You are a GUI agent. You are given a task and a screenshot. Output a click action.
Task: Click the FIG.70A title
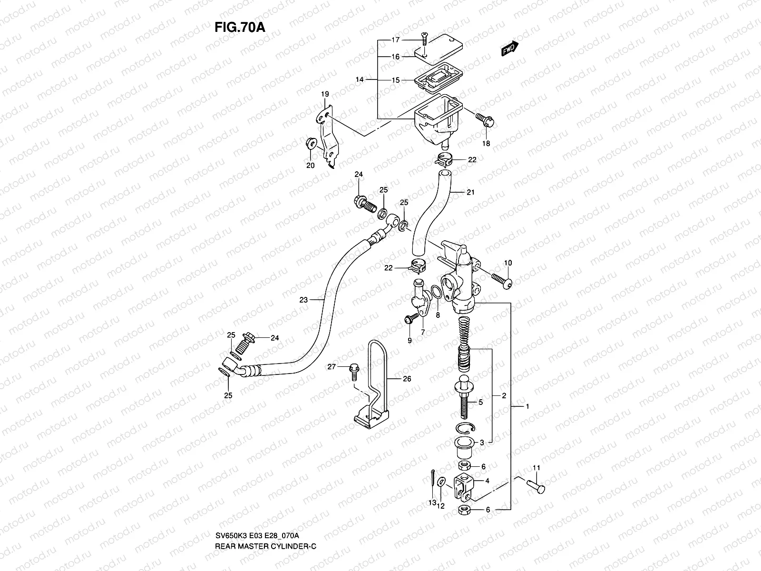[x=239, y=26]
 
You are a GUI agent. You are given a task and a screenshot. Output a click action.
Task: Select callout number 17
[x=396, y=40]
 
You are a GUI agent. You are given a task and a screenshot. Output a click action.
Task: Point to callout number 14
[x=359, y=80]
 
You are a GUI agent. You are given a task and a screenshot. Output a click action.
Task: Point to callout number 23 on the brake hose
[x=304, y=300]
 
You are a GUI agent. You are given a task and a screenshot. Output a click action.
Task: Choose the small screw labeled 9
[x=409, y=320]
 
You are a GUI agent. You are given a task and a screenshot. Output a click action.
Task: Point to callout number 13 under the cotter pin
[x=432, y=503]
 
